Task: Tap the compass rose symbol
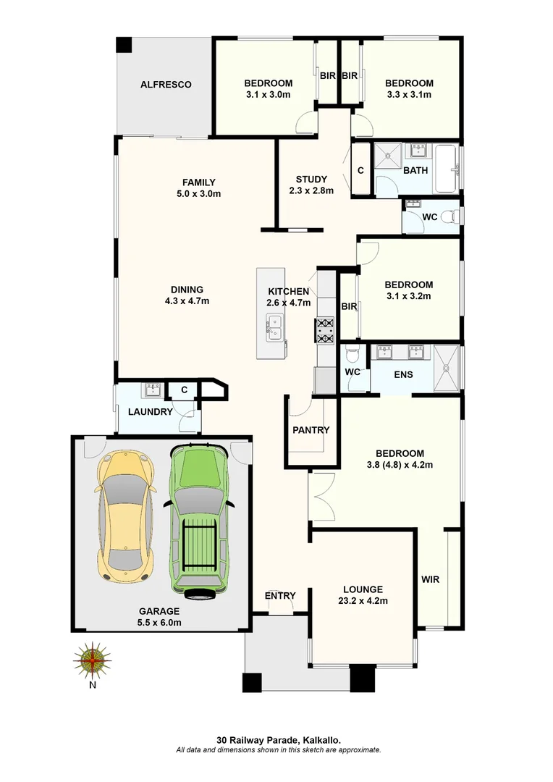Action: [x=93, y=660]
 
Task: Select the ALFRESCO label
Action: [x=166, y=85]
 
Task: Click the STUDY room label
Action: [x=311, y=180]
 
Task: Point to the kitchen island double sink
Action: [x=274, y=328]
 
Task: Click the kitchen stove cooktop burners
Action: [x=325, y=331]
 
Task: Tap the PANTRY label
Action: [x=311, y=430]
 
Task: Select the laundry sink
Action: [x=153, y=391]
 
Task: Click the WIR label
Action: [x=430, y=580]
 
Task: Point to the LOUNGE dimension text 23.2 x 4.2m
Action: [x=363, y=601]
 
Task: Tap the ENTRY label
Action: [x=280, y=596]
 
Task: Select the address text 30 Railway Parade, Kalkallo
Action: [x=279, y=740]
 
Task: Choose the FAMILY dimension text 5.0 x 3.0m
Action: [x=198, y=194]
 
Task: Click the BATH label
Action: [x=415, y=171]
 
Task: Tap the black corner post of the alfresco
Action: [x=124, y=44]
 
